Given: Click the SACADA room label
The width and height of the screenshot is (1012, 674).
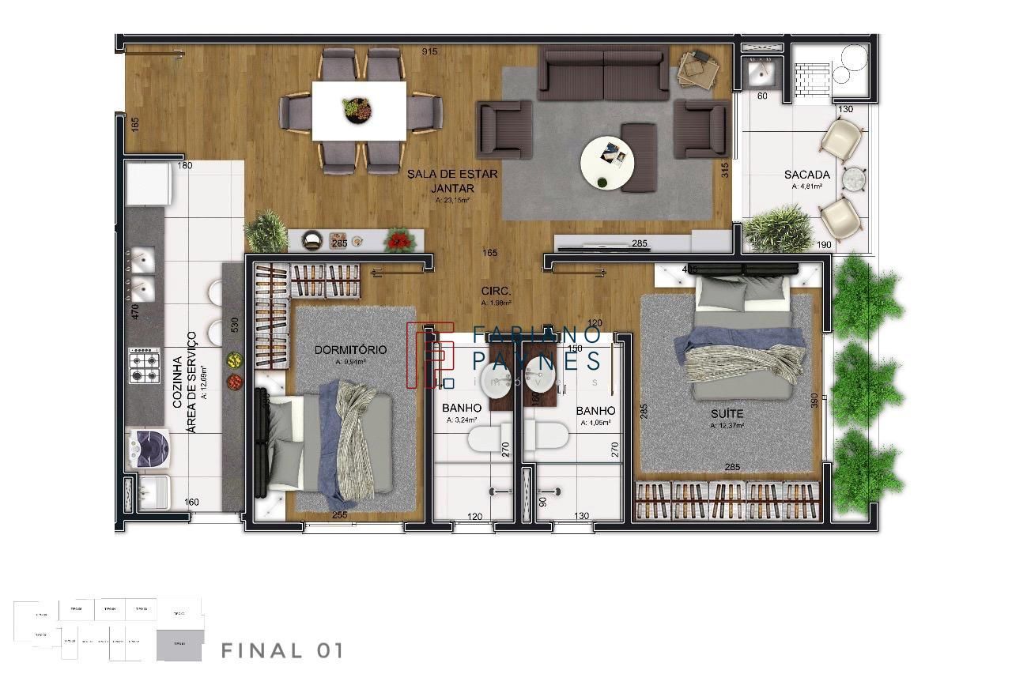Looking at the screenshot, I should (x=806, y=175).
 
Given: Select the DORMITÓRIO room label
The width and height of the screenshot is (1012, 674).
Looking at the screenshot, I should (x=350, y=349).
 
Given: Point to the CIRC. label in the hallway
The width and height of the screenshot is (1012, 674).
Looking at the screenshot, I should (x=496, y=290).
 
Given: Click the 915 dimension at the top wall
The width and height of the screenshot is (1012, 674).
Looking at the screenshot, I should (x=429, y=51).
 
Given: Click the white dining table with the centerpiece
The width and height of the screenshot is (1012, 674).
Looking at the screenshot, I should (x=359, y=110).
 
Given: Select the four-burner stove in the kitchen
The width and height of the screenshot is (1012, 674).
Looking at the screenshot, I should (x=145, y=365).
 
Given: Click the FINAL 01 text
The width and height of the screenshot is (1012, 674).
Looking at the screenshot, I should (x=281, y=651).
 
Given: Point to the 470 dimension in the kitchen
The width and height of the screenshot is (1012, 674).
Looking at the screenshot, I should (x=135, y=312).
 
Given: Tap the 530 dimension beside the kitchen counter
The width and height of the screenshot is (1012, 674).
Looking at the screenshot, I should (x=233, y=326).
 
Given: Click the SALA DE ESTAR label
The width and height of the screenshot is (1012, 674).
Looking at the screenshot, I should (x=452, y=175).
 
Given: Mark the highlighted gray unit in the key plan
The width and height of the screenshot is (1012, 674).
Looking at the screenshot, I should (x=179, y=646).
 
